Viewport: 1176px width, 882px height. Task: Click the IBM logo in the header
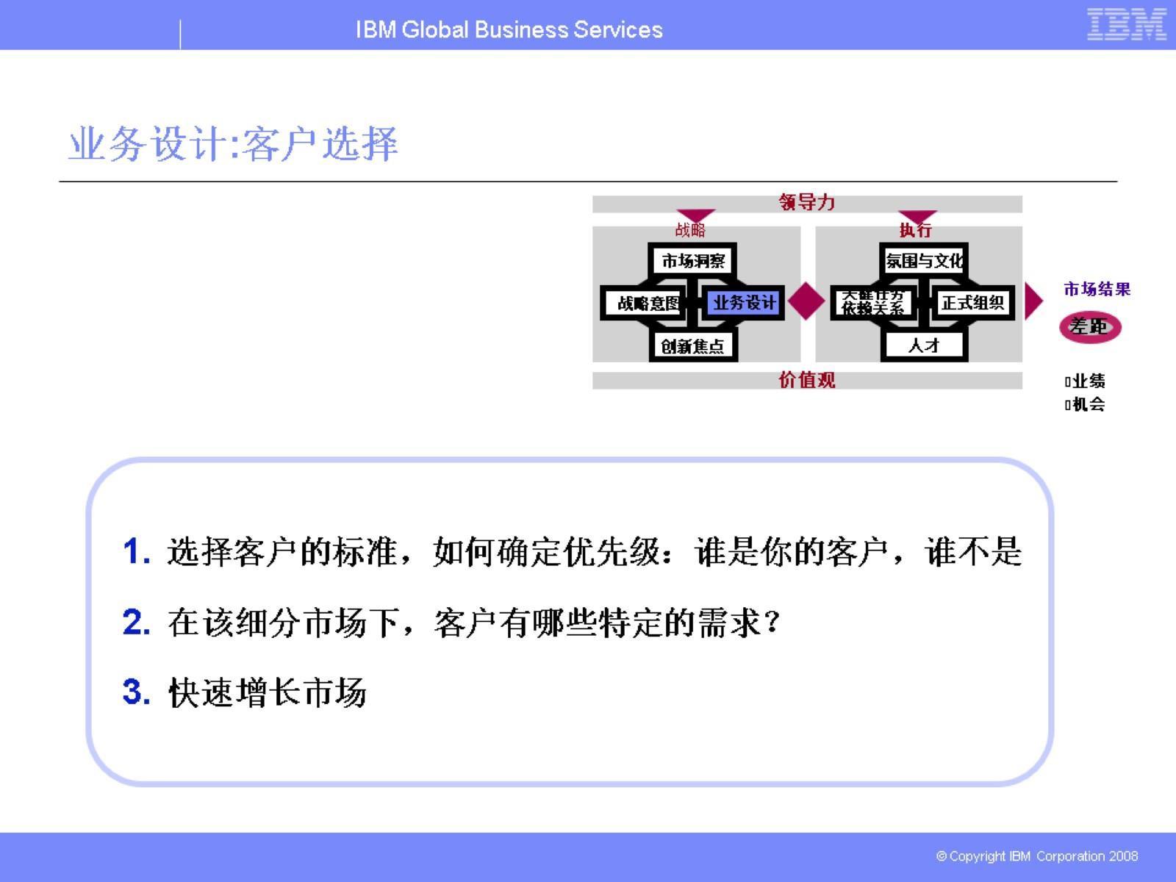pyautogui.click(x=1126, y=24)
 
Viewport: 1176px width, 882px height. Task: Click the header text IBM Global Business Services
pyautogui.click(x=509, y=29)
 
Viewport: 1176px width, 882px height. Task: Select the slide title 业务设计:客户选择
pyautogui.click(x=233, y=143)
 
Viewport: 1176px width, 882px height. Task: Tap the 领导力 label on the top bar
pyautogui.click(x=807, y=202)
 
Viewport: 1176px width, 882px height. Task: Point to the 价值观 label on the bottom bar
pyautogui.click(x=807, y=380)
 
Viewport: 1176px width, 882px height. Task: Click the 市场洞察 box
pyautogui.click(x=693, y=261)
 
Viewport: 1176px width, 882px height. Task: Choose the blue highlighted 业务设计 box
pyautogui.click(x=743, y=303)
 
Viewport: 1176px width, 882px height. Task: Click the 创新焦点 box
pyautogui.click(x=692, y=345)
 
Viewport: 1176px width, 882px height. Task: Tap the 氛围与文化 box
pyautogui.click(x=924, y=261)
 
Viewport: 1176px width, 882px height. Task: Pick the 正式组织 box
pyautogui.click(x=972, y=303)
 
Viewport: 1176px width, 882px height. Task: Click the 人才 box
pyautogui.click(x=924, y=345)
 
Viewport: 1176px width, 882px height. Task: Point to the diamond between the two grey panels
pyautogui.click(x=807, y=301)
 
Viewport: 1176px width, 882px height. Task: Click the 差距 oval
pyautogui.click(x=1090, y=326)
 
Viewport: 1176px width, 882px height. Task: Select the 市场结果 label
pyautogui.click(x=1097, y=290)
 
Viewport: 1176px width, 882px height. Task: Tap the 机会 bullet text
pyautogui.click(x=1088, y=404)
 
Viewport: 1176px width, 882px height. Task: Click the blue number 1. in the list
pyautogui.click(x=137, y=552)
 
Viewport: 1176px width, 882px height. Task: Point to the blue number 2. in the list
pyautogui.click(x=137, y=623)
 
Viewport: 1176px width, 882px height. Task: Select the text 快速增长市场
pyautogui.click(x=267, y=692)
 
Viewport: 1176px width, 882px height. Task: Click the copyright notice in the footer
pyautogui.click(x=1036, y=856)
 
